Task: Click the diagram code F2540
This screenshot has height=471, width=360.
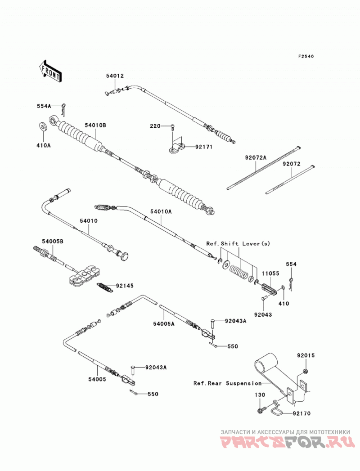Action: pos(306,56)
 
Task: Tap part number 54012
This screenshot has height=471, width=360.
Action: pos(115,76)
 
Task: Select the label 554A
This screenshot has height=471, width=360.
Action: pos(44,106)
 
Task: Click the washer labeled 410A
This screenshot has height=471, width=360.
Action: pos(44,126)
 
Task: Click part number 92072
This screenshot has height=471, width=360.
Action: pos(291,164)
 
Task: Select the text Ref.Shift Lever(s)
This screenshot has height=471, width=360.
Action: pos(238,244)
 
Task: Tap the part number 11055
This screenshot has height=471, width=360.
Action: pos(270,274)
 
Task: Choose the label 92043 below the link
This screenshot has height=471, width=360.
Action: pos(263,314)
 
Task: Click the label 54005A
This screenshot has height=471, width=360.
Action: pos(164,323)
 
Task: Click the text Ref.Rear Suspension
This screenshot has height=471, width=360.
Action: pos(228,383)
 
